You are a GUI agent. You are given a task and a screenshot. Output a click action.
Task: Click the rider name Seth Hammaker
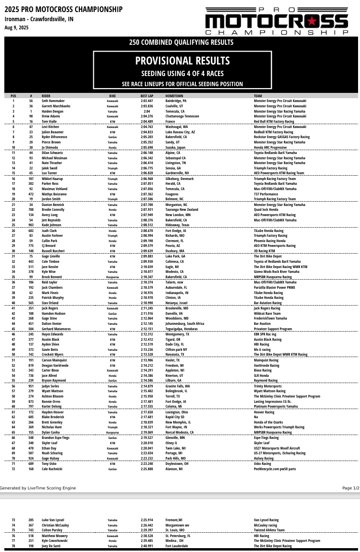53,101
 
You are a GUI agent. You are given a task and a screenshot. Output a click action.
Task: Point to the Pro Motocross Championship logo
276,21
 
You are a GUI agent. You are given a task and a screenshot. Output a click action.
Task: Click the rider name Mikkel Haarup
53,179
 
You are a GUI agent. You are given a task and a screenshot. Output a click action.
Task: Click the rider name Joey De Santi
52,546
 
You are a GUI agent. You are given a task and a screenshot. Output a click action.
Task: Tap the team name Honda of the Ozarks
269,422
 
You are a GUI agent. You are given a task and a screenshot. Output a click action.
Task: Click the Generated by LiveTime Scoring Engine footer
38,488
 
